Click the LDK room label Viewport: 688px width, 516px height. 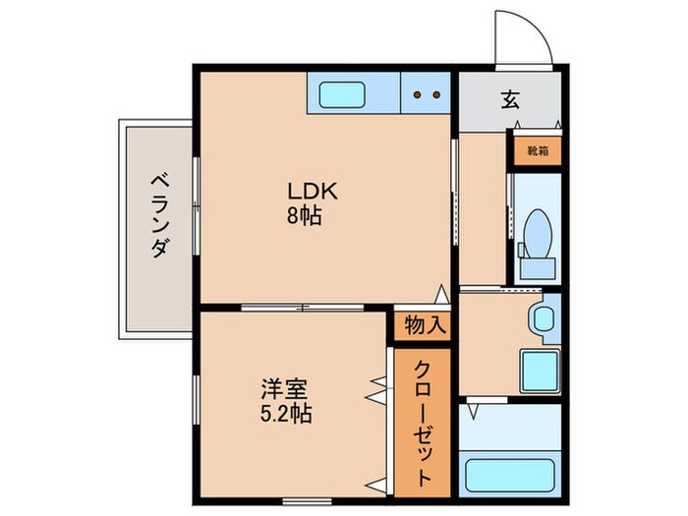click(x=305, y=191)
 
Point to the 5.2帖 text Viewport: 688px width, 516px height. click(x=286, y=414)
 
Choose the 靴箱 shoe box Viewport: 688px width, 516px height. click(x=537, y=151)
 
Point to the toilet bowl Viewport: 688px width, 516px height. click(x=539, y=232)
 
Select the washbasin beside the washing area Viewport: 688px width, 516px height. click(x=542, y=319)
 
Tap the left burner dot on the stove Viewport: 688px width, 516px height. click(x=418, y=95)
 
